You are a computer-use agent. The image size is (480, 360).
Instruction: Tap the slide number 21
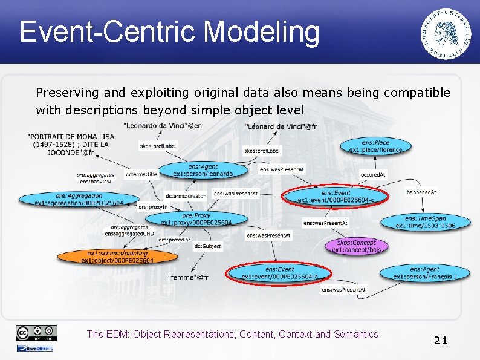pyautogui.click(x=441, y=340)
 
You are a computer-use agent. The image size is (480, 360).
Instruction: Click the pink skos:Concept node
pyautogui.click(x=356, y=246)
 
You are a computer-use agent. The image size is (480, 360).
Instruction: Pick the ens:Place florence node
pyautogui.click(x=375, y=146)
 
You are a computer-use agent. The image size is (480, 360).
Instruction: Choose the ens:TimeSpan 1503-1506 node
pyautogui.click(x=425, y=222)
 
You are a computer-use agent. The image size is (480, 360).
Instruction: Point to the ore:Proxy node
pyautogui.click(x=196, y=219)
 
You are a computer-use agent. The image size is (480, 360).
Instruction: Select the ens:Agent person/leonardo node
pyautogui.click(x=202, y=170)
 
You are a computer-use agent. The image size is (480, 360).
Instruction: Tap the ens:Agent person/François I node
pyautogui.click(x=424, y=273)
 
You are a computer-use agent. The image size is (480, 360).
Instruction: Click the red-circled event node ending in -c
pyautogui.click(x=336, y=197)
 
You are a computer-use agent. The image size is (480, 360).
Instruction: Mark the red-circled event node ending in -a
pyautogui.click(x=279, y=273)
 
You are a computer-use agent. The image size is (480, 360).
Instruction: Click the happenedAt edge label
pyautogui.click(x=421, y=192)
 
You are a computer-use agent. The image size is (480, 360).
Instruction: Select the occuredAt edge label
pyautogui.click(x=372, y=174)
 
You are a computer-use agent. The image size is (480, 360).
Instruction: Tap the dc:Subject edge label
pyautogui.click(x=207, y=246)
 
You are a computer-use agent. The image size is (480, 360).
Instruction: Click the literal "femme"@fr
pyautogui.click(x=187, y=277)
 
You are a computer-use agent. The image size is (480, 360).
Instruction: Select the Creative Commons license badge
pyautogui.click(x=37, y=333)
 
